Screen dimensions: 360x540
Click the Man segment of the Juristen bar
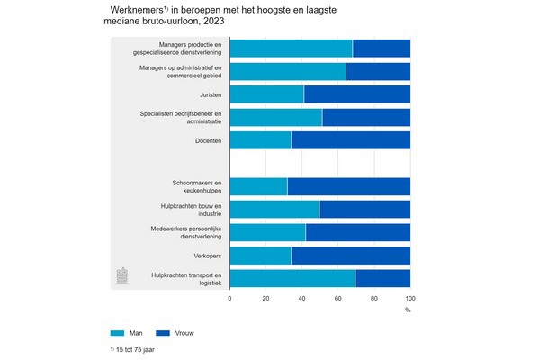(267, 94)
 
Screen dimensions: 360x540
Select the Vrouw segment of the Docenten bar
(351, 139)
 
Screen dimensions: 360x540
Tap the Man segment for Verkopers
(261, 256)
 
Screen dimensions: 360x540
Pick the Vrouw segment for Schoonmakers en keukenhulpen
(349, 186)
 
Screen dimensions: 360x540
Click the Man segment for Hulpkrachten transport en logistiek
(292, 279)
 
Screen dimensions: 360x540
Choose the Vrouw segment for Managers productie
(382, 49)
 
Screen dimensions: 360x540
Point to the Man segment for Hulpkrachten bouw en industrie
(274, 210)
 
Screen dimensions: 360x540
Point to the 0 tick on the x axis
(230, 297)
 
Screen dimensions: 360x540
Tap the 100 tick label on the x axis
(409, 297)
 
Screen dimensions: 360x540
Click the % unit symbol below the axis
(408, 310)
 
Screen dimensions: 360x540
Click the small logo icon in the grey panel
(123, 275)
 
